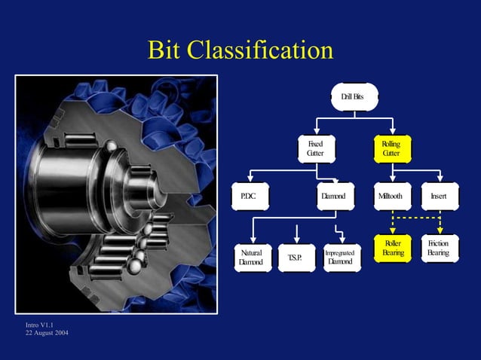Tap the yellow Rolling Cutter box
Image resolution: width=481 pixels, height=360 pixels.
392,148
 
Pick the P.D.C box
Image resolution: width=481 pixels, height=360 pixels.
250,197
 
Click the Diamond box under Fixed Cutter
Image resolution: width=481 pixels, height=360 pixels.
332,197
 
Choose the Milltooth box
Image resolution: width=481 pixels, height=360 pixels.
392,197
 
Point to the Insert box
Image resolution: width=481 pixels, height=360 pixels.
439,197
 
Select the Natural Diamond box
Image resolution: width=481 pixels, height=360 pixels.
250,257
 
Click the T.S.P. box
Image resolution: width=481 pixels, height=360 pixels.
296,258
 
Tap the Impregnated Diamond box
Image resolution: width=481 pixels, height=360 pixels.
339,258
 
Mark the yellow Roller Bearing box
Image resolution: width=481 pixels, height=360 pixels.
392,249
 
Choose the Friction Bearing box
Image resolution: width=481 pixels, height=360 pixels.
439,249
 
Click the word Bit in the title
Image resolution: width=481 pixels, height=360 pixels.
165,50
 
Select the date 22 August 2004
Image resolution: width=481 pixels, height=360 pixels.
47,334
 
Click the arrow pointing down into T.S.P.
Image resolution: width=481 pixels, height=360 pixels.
298,233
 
